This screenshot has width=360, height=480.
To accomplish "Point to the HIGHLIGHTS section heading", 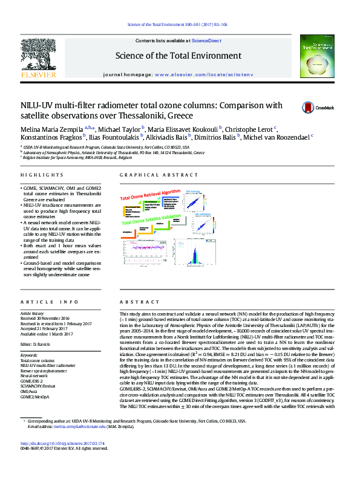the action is (x=38, y=175).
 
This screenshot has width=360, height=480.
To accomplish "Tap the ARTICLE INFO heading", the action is (x=50, y=301).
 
